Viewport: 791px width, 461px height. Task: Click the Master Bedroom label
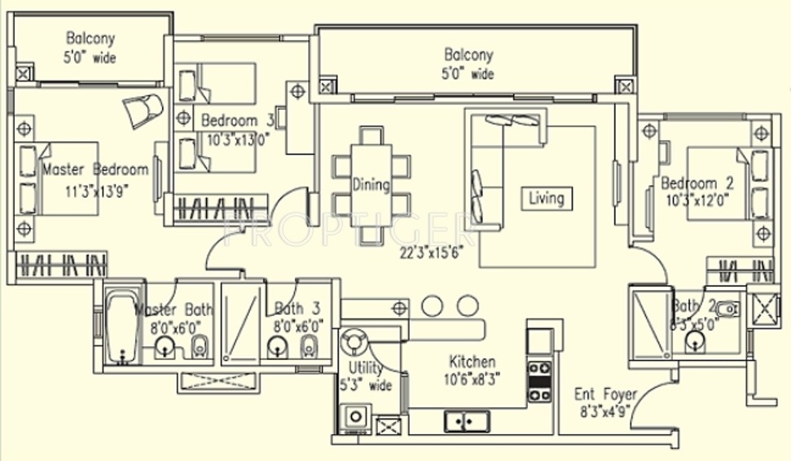94,170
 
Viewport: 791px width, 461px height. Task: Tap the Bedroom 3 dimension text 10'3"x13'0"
239,138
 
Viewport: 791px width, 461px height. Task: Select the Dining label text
371,185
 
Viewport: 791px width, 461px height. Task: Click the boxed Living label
546,198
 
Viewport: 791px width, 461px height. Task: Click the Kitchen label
472,362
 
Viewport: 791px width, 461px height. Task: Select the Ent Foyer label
605,393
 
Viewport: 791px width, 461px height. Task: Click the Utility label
366,369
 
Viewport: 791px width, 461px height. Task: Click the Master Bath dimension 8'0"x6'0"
178,327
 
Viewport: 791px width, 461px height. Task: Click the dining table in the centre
371,186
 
